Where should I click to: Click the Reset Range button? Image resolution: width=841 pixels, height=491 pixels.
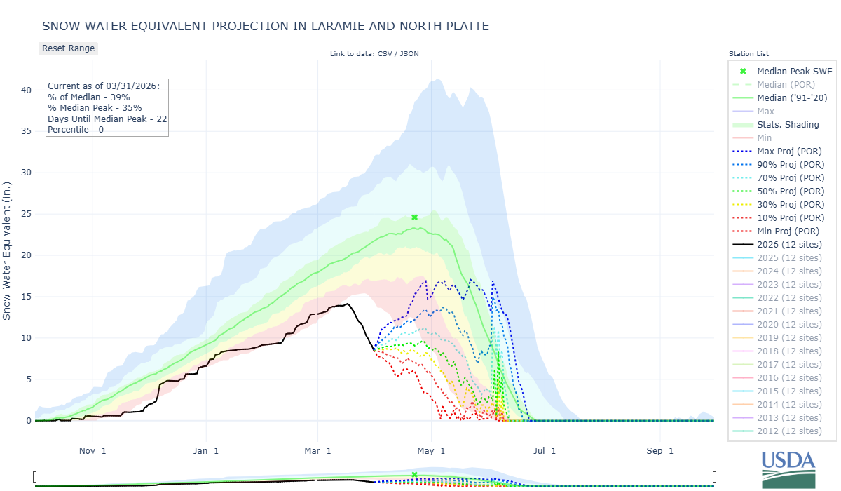(68, 48)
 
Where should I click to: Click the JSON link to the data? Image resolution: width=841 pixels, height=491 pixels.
(410, 54)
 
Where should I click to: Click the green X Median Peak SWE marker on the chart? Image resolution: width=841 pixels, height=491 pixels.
(414, 217)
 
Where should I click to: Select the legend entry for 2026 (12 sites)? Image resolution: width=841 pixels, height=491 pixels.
(789, 244)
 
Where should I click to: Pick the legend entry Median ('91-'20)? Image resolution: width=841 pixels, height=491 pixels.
(792, 97)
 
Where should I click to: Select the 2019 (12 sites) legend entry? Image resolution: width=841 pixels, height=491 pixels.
(789, 337)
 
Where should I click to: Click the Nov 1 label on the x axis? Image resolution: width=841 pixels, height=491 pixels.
(93, 450)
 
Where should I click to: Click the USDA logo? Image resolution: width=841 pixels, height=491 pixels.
(788, 468)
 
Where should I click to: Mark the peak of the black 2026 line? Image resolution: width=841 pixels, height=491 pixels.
(347, 304)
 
